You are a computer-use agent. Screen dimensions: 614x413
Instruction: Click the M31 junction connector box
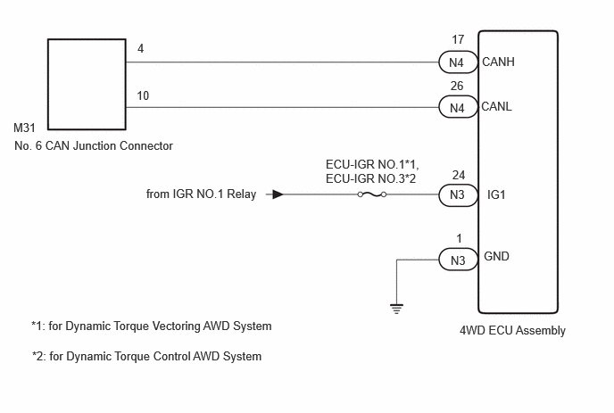point(48,84)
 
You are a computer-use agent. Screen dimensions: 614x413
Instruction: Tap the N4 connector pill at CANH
point(457,62)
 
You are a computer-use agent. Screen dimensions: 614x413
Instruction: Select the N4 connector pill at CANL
point(457,107)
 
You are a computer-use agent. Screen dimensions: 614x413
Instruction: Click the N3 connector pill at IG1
point(457,194)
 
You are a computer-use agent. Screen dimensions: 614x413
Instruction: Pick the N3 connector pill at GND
point(457,260)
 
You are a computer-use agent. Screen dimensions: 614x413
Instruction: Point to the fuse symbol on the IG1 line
point(372,194)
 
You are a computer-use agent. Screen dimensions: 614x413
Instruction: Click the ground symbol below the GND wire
point(396,309)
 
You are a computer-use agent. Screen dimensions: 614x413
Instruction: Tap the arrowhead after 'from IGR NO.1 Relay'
point(278,194)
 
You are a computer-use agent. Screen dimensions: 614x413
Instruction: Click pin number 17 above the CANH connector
point(458,39)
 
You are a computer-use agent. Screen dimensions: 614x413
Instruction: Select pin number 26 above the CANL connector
point(457,86)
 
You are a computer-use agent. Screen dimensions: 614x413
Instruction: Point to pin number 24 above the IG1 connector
point(459,175)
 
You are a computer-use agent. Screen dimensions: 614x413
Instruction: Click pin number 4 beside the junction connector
point(141,48)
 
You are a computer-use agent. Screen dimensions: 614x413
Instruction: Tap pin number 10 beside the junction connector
point(143,96)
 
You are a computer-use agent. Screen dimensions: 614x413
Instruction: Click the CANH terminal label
point(498,62)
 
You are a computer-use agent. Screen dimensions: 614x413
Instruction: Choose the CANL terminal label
point(496,106)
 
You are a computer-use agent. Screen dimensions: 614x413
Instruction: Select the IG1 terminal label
point(496,194)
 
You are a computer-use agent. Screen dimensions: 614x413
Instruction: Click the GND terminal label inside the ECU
point(496,256)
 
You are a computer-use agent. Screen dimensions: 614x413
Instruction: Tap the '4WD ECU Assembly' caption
point(512,330)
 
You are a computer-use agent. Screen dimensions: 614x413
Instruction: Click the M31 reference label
point(24,128)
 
